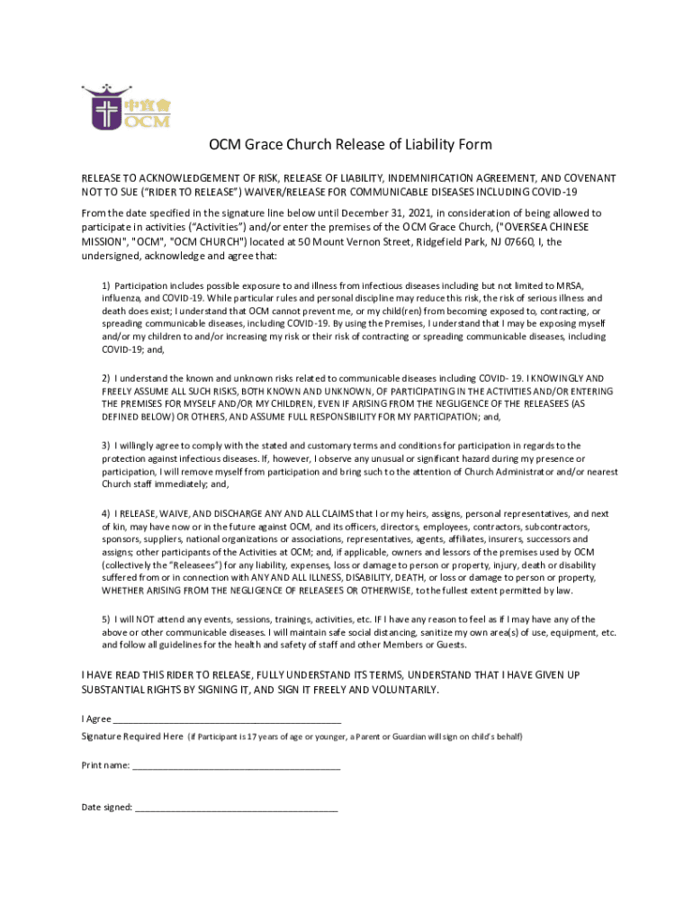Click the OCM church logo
(125, 108)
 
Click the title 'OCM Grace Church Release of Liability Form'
(350, 145)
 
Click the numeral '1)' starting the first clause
(105, 285)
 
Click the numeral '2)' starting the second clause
(105, 378)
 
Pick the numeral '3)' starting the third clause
(105, 446)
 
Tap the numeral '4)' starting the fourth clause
(105, 513)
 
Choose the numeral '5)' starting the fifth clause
(105, 619)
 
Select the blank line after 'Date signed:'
(237, 808)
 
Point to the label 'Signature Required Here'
(132, 737)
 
